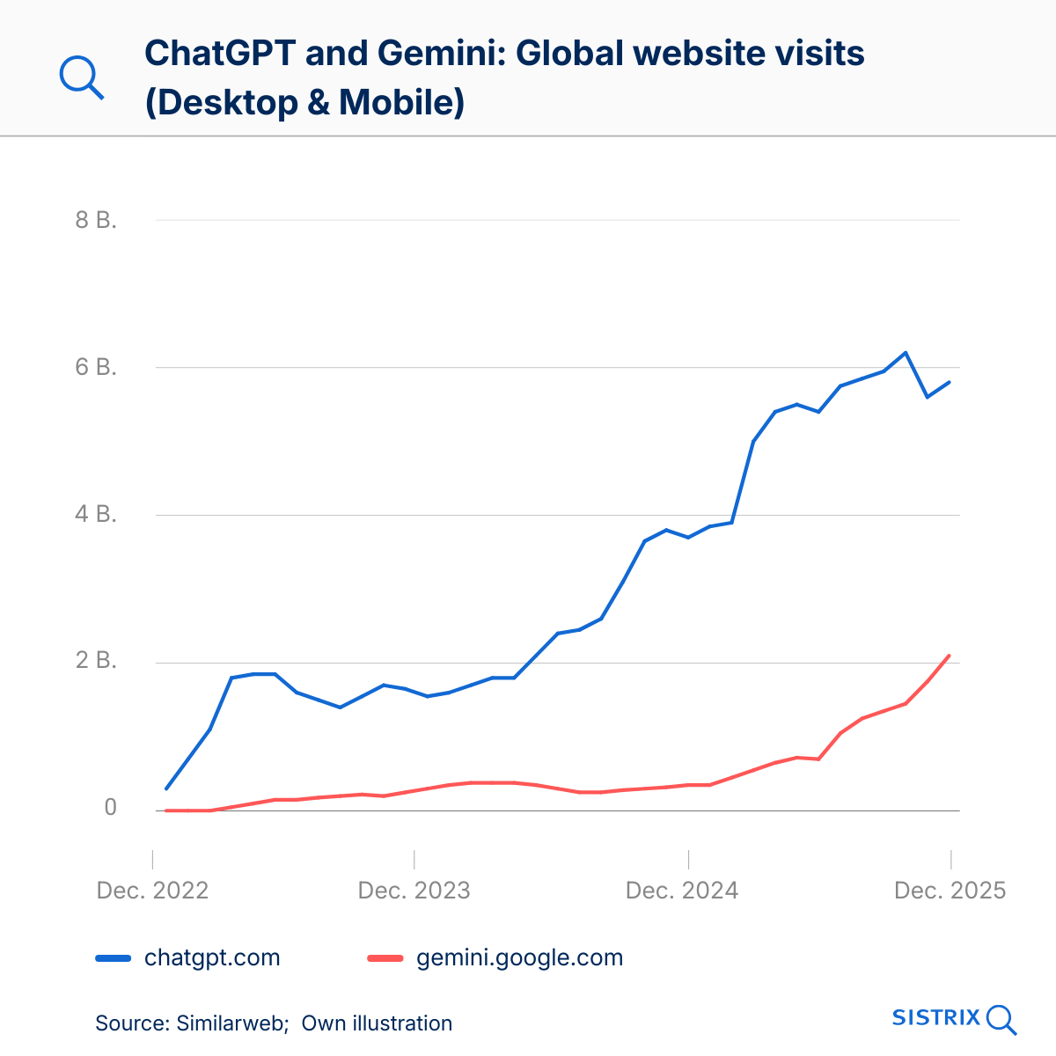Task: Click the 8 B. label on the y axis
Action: [x=96, y=220]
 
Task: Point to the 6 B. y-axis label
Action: [x=96, y=367]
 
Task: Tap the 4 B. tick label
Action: [x=96, y=514]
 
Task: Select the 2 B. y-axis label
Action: [x=96, y=661]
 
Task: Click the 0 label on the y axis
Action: [x=110, y=808]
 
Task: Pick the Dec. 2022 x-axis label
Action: [x=152, y=891]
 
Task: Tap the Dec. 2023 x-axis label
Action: [x=414, y=891]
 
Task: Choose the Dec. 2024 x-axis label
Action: [x=682, y=891]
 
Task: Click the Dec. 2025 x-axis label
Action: [x=950, y=891]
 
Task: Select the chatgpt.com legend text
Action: [x=212, y=957]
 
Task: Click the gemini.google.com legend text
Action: [x=519, y=957]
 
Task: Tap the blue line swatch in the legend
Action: [x=113, y=958]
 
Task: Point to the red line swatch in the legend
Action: [x=385, y=958]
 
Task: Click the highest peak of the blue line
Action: [x=906, y=353]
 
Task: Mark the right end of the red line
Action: [x=950, y=656]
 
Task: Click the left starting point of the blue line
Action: [x=166, y=788]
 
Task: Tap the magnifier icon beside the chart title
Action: [x=82, y=77]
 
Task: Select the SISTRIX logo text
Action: [x=935, y=1018]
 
